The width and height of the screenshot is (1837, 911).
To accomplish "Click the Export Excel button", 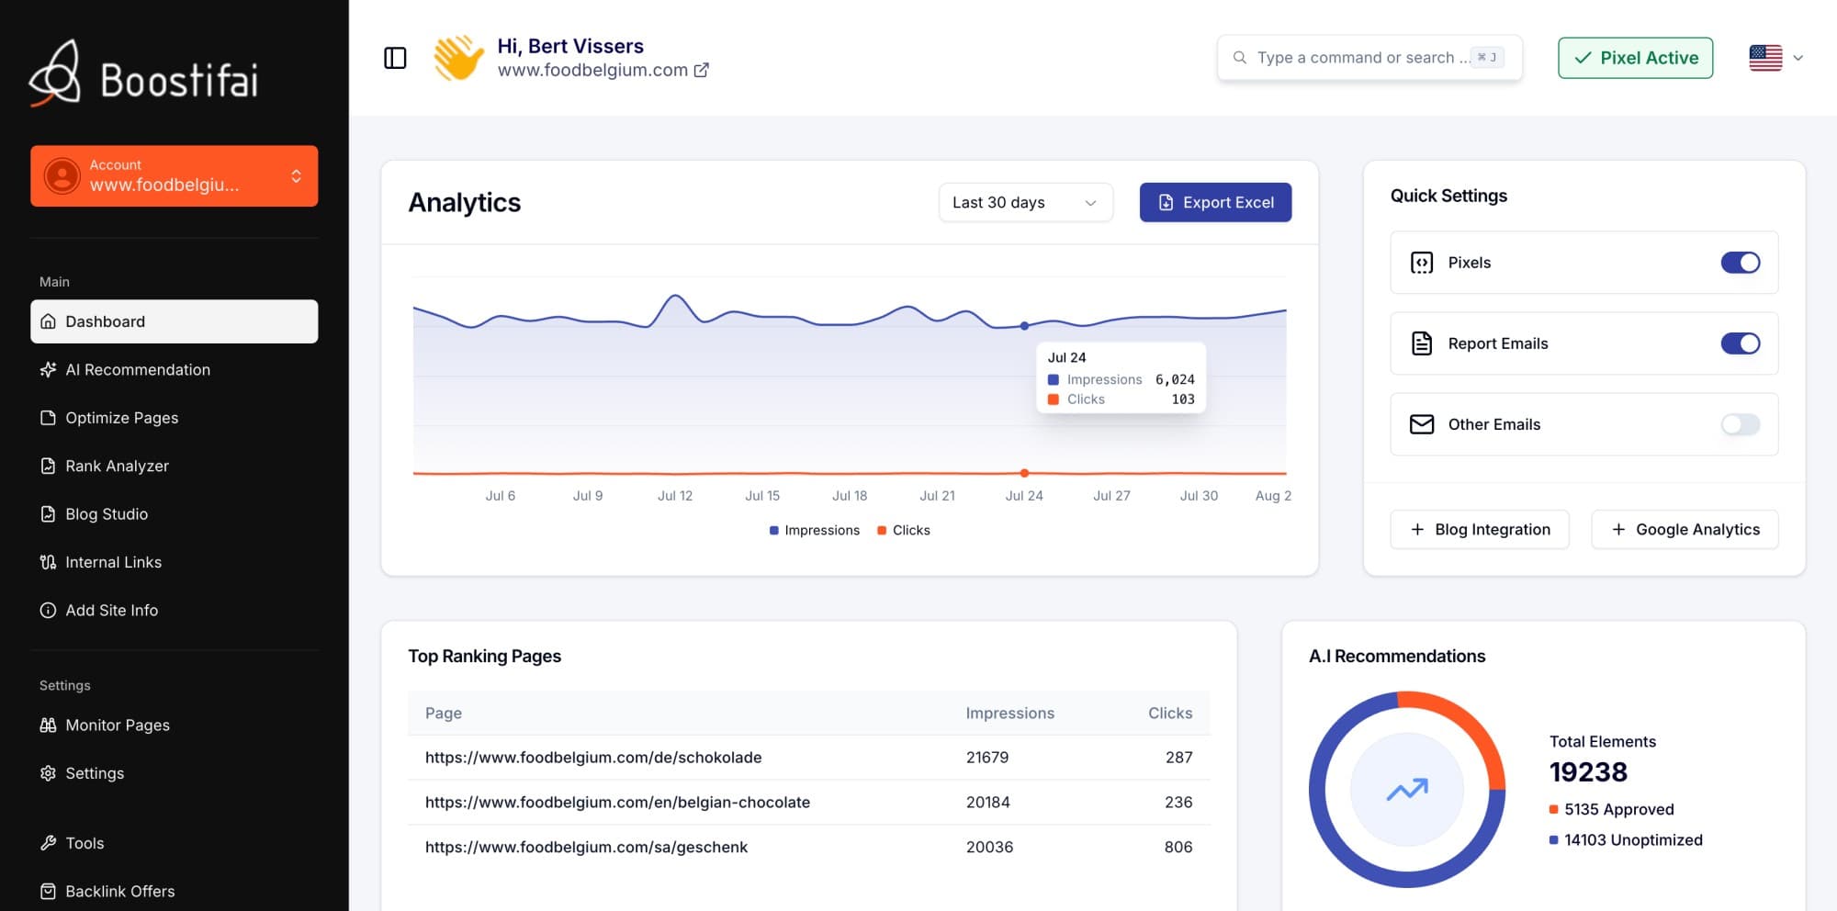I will click(1215, 202).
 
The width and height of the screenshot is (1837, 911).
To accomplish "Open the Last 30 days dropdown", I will click(1025, 202).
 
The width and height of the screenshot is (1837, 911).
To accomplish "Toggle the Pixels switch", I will click(1740, 263).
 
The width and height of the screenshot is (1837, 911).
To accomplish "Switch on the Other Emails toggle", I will click(1740, 424).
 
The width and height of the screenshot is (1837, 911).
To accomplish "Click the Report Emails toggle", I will click(1740, 343).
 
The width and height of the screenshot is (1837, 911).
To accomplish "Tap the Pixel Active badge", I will click(1635, 58).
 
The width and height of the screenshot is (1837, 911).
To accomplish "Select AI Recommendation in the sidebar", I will click(138, 369).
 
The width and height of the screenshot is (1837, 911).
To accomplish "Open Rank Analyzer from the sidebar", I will click(117, 466).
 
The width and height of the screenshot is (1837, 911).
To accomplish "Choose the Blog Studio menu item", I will click(107, 514).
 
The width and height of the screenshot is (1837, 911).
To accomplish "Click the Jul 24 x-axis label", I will click(1024, 496).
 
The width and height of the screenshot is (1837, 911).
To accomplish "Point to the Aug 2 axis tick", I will click(1273, 496).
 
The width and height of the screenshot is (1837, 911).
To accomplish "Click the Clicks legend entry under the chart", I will click(904, 530).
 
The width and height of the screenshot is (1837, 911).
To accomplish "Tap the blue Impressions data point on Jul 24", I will click(1024, 326).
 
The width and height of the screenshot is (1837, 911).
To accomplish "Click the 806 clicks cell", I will click(1178, 847).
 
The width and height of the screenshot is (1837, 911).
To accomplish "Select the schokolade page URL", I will click(593, 758).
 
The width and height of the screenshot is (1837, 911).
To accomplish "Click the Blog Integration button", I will click(1480, 529).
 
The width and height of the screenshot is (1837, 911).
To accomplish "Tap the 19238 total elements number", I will click(1588, 772).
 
